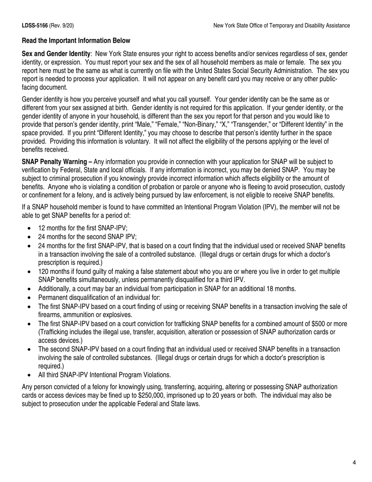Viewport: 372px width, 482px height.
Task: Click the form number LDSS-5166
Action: pyautogui.click(x=35, y=25)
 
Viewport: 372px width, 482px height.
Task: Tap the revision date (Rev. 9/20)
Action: pyautogui.click(x=61, y=25)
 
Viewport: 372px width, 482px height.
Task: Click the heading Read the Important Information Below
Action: pyautogui.click(x=76, y=41)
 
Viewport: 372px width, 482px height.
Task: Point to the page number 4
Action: pyautogui.click(x=354, y=463)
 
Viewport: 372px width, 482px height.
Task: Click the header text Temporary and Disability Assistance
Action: pyautogui.click(x=306, y=25)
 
